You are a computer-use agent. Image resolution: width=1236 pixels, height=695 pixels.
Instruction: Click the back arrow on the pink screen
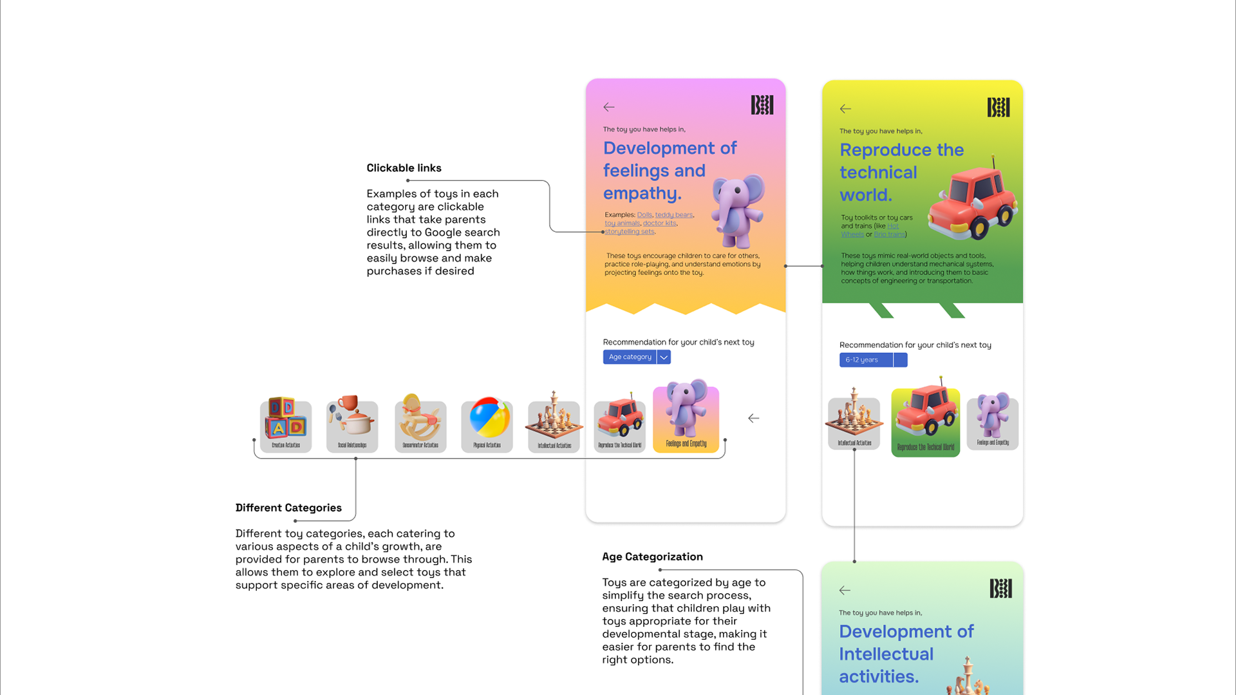608,107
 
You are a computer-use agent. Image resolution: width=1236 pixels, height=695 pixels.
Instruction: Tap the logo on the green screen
998,107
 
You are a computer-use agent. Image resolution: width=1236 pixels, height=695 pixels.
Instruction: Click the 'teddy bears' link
673,215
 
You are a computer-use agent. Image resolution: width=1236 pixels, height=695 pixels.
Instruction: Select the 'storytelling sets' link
629,232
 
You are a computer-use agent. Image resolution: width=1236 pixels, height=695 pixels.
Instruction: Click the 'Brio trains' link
889,234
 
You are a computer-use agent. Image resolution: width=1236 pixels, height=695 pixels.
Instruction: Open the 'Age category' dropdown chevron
664,357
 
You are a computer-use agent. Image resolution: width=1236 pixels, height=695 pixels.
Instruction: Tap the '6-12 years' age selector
865,360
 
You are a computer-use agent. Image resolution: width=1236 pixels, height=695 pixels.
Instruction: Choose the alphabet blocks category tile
286,424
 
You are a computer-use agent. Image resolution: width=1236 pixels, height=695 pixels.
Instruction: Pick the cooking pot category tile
352,424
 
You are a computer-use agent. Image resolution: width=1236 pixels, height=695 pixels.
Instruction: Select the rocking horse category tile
420,424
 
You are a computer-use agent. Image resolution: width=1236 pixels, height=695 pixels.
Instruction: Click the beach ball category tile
487,424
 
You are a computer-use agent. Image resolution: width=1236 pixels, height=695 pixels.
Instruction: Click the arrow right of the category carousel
753,419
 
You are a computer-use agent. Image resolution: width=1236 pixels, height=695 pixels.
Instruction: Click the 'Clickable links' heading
404,168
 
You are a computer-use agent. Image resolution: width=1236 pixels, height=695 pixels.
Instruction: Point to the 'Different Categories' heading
288,508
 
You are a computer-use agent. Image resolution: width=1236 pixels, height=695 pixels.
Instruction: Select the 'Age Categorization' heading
652,557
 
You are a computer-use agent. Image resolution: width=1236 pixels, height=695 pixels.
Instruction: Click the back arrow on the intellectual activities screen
845,590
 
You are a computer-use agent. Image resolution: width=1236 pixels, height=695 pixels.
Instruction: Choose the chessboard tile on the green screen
854,421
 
